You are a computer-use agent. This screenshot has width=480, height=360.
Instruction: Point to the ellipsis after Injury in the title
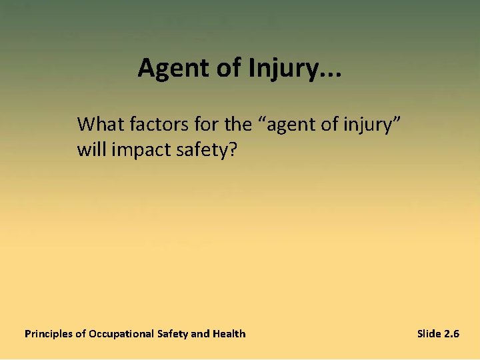point(329,73)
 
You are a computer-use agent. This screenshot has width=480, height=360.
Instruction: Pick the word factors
point(151,124)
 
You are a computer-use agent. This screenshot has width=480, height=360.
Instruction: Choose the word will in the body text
point(90,149)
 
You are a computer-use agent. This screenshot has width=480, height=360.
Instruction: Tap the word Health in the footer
point(229,334)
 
